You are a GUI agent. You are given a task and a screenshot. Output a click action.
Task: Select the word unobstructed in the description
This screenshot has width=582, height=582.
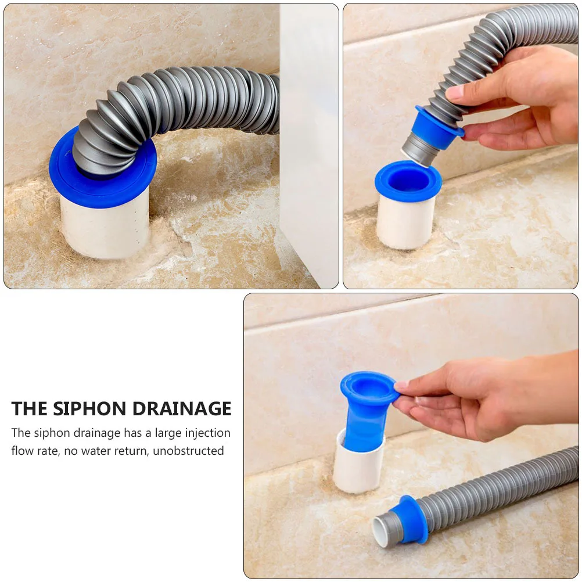(188, 451)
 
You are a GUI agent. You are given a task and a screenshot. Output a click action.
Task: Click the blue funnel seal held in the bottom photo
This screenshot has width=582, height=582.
(364, 407)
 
